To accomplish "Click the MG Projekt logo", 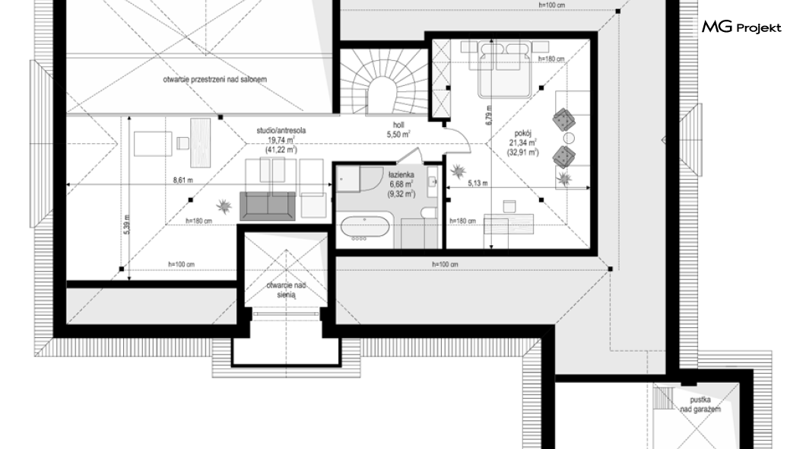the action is [x=741, y=27].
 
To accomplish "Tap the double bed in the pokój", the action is [x=503, y=70].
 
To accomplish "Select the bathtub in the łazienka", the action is [x=364, y=228].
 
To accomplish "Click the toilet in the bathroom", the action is [x=427, y=212].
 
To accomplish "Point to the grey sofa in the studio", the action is [x=268, y=205].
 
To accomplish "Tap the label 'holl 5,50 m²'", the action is [x=398, y=130].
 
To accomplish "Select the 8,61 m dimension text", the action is [x=183, y=180].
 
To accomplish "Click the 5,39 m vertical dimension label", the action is [x=127, y=224].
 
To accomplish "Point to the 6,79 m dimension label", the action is [x=489, y=115].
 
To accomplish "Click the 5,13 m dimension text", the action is [x=478, y=183].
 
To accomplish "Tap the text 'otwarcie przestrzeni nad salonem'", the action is [x=215, y=80].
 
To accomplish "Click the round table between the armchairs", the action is [x=569, y=138].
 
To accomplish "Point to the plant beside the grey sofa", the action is [x=224, y=206].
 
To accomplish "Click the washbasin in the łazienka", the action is [x=432, y=182].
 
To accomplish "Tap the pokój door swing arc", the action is [x=462, y=138].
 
